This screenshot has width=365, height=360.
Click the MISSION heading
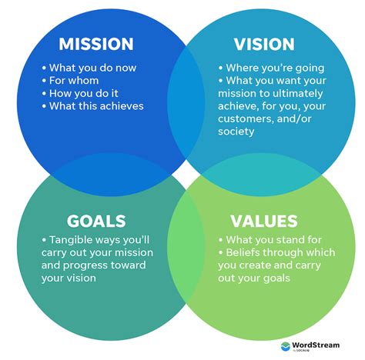coord(95,44)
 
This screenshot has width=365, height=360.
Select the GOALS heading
coord(95,222)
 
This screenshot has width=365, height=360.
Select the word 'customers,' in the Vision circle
coord(255,118)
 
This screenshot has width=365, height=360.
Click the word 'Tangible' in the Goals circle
coord(72,240)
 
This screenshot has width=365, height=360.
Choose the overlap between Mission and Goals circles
coord(92,171)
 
